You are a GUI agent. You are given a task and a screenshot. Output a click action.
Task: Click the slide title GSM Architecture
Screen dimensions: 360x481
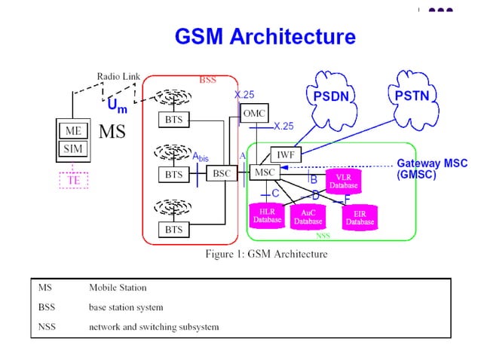[x=265, y=36]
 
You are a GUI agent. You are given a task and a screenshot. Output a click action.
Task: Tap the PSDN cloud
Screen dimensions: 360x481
[x=331, y=96]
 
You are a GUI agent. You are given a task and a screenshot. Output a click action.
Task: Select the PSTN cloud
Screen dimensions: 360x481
[x=412, y=96]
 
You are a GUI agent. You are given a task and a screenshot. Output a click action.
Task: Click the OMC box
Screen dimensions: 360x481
[x=253, y=113]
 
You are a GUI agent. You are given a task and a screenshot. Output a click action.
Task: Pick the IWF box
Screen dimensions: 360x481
[x=286, y=154]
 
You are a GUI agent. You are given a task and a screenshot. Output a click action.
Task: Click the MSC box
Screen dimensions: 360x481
[x=264, y=172]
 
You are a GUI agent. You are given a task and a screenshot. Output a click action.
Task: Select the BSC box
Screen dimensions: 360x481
[x=222, y=173]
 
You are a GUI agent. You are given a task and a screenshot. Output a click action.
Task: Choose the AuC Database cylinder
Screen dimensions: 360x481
[x=308, y=217]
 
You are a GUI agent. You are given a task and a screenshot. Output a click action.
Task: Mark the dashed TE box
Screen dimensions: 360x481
[x=74, y=180]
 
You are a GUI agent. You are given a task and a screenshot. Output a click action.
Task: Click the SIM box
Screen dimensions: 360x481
[x=72, y=149]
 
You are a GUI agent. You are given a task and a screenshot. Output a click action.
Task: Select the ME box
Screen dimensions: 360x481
[x=72, y=131]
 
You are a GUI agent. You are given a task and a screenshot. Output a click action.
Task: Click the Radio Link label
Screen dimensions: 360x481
[x=119, y=76]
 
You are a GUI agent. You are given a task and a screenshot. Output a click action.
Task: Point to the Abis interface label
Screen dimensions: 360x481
[x=200, y=157]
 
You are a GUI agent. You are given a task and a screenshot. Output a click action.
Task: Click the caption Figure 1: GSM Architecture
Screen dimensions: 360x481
[x=266, y=254]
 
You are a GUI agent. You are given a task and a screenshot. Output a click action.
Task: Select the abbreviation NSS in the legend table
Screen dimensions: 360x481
[x=47, y=327]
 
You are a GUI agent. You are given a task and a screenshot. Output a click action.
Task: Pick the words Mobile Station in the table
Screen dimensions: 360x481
[x=118, y=288]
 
